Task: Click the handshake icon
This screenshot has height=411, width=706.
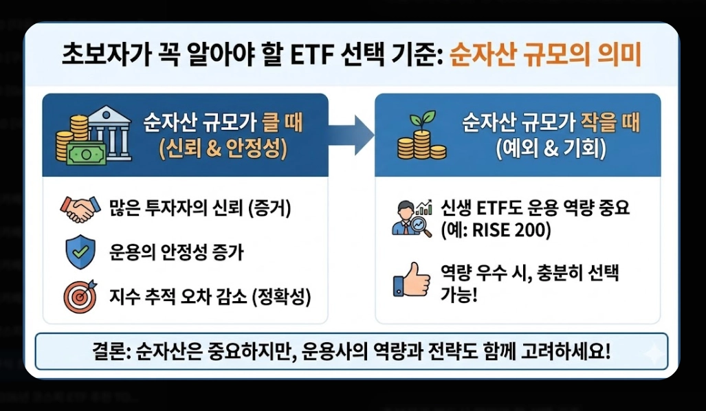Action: pos(80,209)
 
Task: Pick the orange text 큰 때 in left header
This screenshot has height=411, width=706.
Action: pos(283,123)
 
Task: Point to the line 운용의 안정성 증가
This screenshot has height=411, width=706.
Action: pos(176,253)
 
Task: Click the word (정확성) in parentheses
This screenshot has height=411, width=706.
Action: pos(281,297)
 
